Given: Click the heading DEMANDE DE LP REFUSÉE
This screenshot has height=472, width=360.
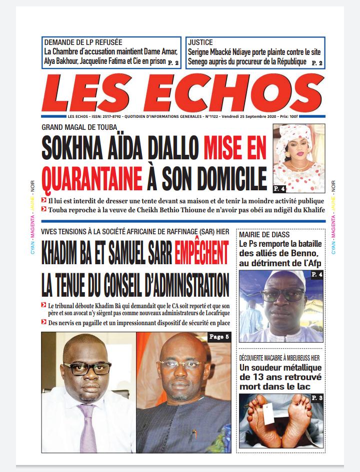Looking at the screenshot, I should point(83,42).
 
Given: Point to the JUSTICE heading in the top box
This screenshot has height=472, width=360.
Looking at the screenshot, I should point(200,42).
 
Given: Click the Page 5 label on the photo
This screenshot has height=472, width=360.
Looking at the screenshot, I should point(219,337).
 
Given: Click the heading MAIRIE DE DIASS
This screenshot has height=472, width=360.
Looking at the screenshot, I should point(264,235).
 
